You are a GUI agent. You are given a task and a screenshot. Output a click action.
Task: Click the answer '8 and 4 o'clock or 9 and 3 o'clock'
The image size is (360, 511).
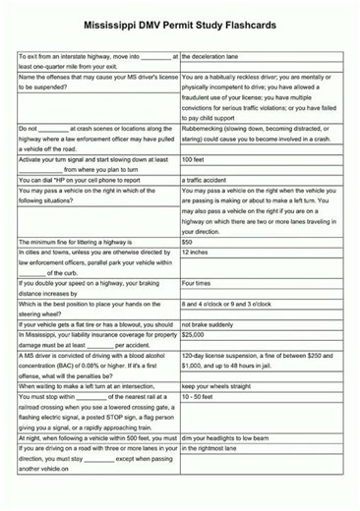[238, 304]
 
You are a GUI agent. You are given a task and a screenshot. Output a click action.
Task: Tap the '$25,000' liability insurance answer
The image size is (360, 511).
[195, 335]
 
